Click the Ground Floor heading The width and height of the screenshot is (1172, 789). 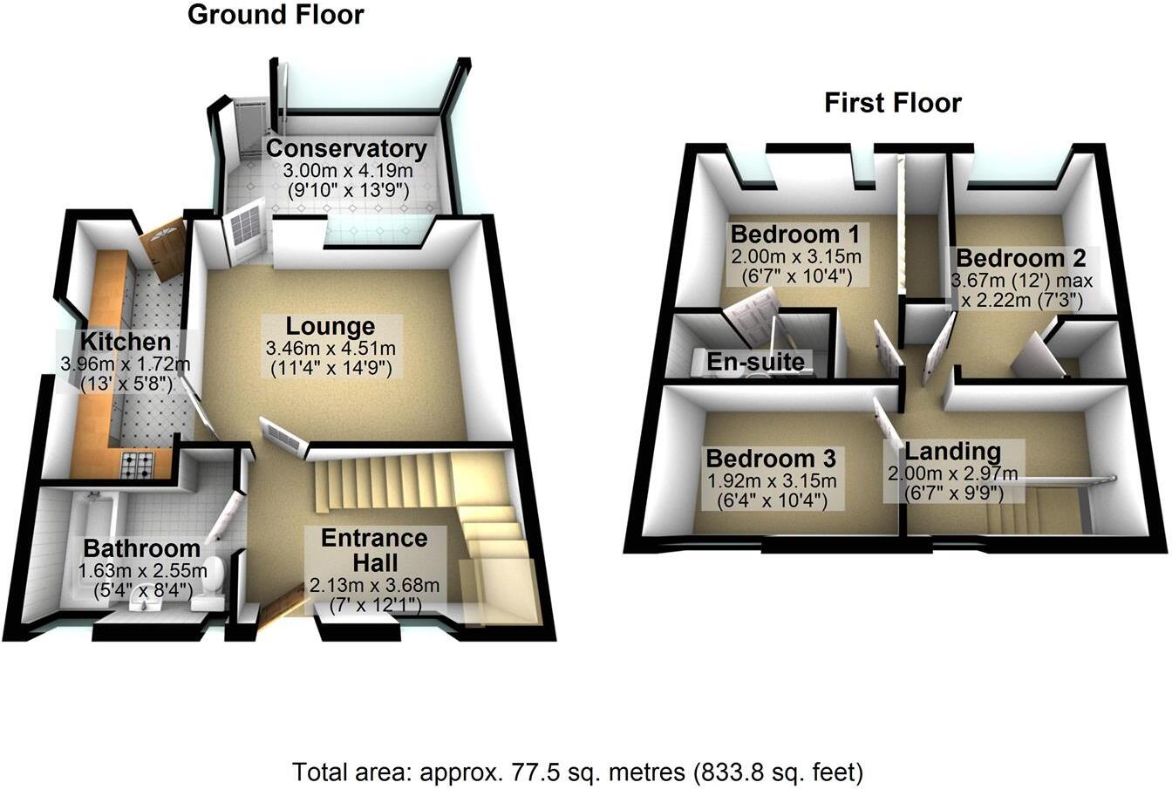[x=276, y=15]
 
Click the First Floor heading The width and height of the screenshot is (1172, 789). [x=893, y=103]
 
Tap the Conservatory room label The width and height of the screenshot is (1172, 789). [x=347, y=148]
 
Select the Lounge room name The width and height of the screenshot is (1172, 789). [x=331, y=327]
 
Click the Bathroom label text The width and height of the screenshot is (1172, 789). [x=141, y=548]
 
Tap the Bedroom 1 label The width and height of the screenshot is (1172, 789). [x=795, y=235]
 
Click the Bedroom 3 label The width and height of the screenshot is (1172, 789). [x=771, y=459]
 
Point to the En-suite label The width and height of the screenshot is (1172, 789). [x=756, y=361]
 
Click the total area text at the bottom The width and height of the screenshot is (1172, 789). [x=577, y=772]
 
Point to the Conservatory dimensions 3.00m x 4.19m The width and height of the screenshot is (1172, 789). [x=347, y=170]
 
